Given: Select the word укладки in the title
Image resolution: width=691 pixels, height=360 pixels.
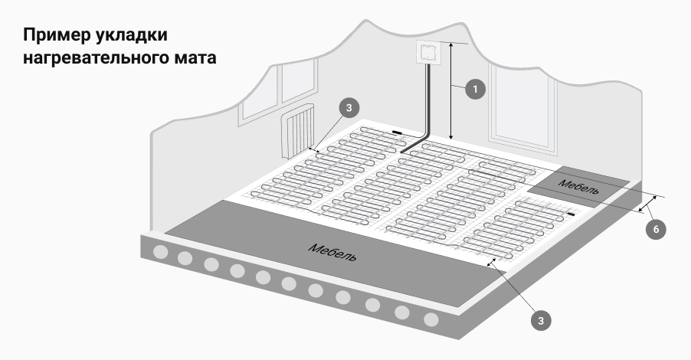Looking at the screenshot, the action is (x=131, y=36).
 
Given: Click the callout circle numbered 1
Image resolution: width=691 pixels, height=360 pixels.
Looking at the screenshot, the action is (x=475, y=90).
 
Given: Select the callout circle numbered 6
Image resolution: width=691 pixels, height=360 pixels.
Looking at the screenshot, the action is (x=656, y=230).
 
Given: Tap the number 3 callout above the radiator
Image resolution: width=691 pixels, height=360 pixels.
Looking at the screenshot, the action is (x=349, y=108).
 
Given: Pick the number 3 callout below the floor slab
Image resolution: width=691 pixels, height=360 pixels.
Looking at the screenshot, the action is (x=541, y=320).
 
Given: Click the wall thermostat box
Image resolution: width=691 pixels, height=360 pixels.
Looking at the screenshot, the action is (x=427, y=52).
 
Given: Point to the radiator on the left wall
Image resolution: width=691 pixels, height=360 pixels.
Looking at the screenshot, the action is (x=298, y=131).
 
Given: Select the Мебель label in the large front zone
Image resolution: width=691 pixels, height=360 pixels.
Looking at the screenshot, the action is (x=332, y=251).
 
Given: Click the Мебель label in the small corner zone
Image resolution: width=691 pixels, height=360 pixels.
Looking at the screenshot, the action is (x=579, y=186).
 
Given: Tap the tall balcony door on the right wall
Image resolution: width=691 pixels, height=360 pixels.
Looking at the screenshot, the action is (x=523, y=110).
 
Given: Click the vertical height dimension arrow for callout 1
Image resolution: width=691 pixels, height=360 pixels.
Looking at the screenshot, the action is (x=450, y=91).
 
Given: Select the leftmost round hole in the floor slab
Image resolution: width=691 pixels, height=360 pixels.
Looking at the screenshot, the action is (x=160, y=252).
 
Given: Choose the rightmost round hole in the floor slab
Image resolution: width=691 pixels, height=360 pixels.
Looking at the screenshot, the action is (x=431, y=319).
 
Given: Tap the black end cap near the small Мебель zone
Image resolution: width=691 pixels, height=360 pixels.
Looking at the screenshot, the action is (x=571, y=214).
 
